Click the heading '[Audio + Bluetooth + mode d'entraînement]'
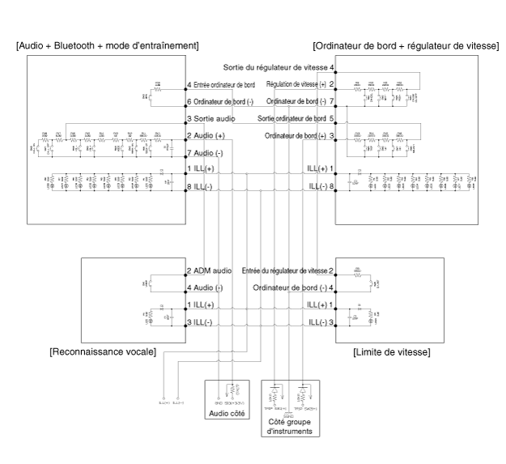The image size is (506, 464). pyautogui.click(x=107, y=44)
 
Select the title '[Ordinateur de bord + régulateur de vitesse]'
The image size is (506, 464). pyautogui.click(x=406, y=44)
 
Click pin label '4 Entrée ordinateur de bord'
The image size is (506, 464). pyautogui.click(x=221, y=85)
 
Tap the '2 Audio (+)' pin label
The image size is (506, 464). pyautogui.click(x=206, y=135)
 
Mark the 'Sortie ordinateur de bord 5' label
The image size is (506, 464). pyautogui.click(x=296, y=119)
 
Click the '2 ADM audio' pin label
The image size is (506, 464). pyautogui.click(x=210, y=270)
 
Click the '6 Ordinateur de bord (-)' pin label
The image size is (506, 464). pyautogui.click(x=220, y=101)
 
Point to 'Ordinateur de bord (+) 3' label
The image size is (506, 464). pyautogui.click(x=299, y=135)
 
